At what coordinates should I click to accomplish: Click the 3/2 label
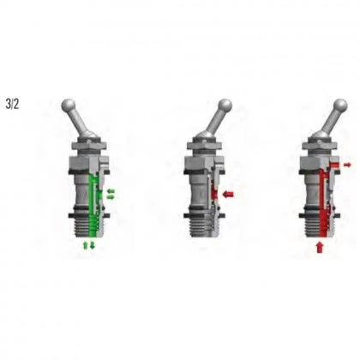point(12,104)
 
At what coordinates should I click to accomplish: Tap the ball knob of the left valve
point(69,105)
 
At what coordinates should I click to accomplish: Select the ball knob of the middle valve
point(225,105)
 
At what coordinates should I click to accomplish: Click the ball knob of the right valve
point(340,105)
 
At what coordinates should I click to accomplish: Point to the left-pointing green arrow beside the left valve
point(111,190)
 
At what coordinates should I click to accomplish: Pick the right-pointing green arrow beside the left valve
point(111,197)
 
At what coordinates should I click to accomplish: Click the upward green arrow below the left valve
point(85,245)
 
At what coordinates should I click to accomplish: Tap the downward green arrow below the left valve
point(92,245)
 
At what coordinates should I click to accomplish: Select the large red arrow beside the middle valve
point(228,195)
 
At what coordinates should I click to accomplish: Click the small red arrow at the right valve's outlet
point(347,165)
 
